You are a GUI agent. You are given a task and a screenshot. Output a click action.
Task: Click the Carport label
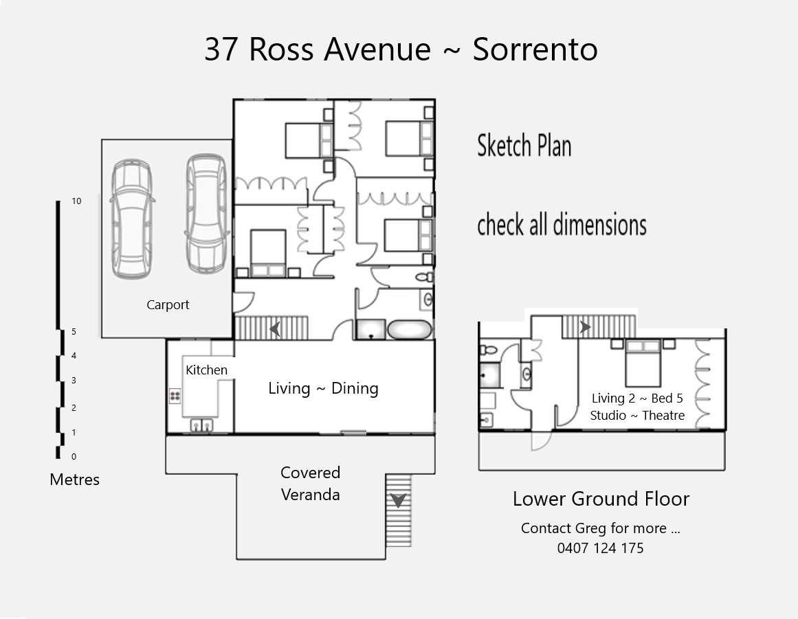(x=168, y=304)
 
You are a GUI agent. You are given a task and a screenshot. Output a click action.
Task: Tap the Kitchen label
(x=206, y=370)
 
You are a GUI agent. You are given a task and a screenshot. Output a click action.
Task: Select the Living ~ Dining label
(x=323, y=389)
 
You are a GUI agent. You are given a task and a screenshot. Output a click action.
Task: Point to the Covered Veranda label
(x=310, y=483)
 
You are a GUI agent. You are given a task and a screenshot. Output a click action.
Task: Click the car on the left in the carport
(x=132, y=218)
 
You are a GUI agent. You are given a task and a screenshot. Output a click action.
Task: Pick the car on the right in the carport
(x=207, y=213)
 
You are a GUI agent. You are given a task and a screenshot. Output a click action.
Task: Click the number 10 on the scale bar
(x=76, y=201)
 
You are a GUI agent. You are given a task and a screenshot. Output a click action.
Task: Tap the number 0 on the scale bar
(x=74, y=457)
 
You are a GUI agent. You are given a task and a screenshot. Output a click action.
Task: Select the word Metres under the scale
(x=74, y=479)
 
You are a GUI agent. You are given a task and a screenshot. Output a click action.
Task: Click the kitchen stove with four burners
(x=175, y=396)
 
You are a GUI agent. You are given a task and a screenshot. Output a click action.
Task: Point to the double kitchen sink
(x=201, y=425)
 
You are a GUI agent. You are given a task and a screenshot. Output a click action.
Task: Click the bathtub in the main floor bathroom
(x=410, y=330)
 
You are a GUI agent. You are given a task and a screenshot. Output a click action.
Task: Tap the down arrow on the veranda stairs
(x=398, y=500)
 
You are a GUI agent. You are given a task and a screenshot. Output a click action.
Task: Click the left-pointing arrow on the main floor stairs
(x=275, y=329)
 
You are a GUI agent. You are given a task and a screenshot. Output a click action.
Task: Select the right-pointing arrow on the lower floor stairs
(x=585, y=326)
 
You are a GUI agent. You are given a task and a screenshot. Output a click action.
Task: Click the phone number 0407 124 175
(x=601, y=548)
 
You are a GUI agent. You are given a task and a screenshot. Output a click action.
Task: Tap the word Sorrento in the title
(x=535, y=49)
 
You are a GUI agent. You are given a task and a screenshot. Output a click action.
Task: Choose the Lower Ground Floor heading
(x=601, y=499)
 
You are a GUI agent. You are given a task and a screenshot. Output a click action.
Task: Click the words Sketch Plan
(x=524, y=146)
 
